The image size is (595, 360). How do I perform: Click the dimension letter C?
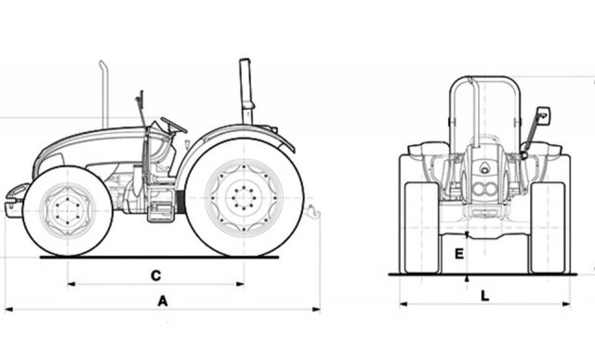click(x=156, y=275)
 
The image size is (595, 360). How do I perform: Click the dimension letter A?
click(x=163, y=301)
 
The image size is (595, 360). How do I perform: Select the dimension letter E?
click(x=459, y=254)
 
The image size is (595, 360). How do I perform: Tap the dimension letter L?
click(x=485, y=296)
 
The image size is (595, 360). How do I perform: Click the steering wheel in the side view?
click(x=174, y=125)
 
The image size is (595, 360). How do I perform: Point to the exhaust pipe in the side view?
click(x=104, y=94)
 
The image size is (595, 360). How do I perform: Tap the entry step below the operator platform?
click(x=161, y=212)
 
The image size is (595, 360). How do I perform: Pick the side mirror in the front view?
click(x=543, y=116)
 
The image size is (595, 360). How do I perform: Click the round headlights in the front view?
click(x=484, y=188)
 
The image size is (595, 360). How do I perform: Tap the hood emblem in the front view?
click(x=484, y=167)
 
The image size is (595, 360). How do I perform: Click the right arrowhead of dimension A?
click(x=316, y=310)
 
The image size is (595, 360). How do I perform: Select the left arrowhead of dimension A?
click(x=8, y=310)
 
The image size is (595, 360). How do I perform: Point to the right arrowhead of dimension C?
click(x=240, y=284)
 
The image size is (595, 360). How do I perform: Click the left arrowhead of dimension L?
click(x=403, y=304)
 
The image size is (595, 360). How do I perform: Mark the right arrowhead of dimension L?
click(x=566, y=304)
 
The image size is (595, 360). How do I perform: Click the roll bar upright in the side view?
click(x=246, y=91)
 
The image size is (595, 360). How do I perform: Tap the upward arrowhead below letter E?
click(x=467, y=278)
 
